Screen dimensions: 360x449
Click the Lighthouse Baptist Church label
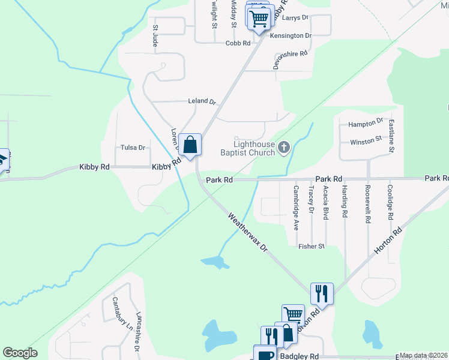point(255,148)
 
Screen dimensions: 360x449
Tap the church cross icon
point(284,146)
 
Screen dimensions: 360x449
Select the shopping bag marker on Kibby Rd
point(190,145)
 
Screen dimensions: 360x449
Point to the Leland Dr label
point(202,101)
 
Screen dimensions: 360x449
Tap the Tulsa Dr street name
point(133,148)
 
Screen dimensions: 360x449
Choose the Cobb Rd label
point(238,43)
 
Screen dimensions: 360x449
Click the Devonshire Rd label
point(291,59)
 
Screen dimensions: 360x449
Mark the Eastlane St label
point(391,137)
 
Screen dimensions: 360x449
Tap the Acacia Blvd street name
point(326,202)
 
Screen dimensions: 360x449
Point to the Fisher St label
point(312,246)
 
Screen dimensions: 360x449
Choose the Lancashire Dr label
point(137,332)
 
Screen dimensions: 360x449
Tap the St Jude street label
point(155,36)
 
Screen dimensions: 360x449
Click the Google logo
point(20,353)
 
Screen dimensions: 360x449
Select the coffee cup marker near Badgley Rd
point(264,354)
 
